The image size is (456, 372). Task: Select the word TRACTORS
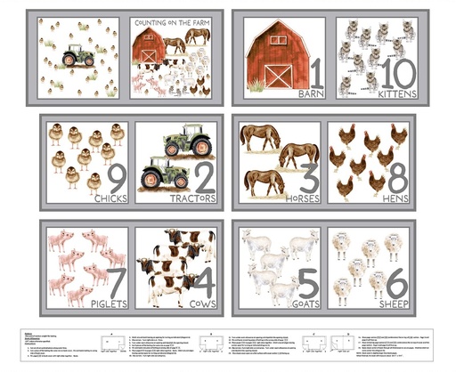[x=193, y=197]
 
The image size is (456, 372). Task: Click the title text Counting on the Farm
[x=175, y=20]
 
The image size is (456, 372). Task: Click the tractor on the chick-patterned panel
[x=77, y=57]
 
